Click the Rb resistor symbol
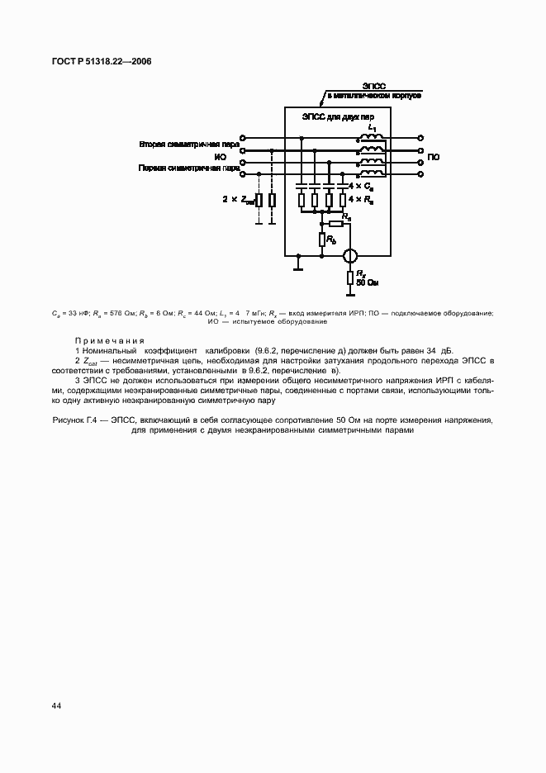click(322, 239)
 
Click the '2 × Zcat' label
click(238, 199)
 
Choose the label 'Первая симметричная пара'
click(188, 168)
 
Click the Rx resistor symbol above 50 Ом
click(350, 277)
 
